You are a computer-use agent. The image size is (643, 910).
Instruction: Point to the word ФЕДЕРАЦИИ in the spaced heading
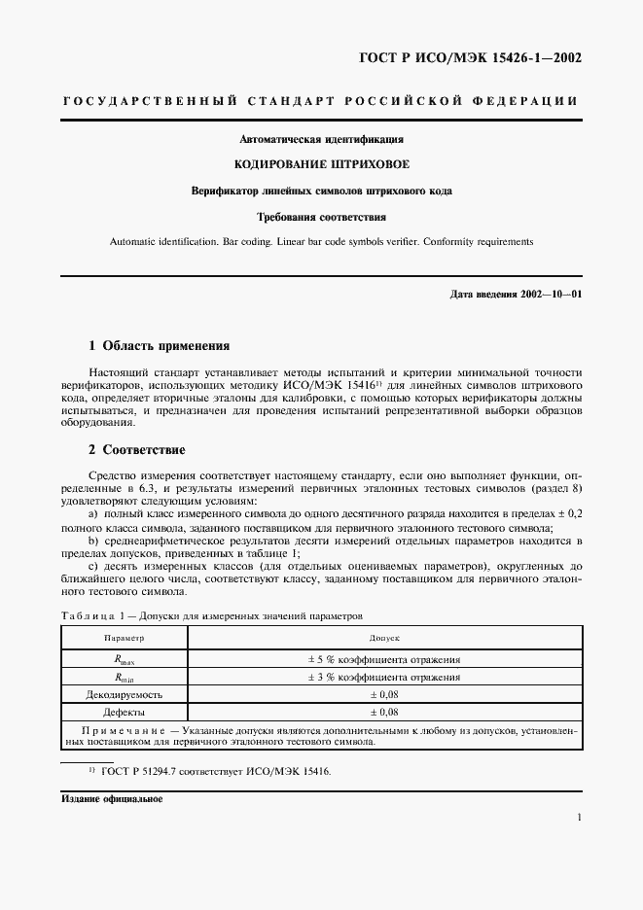tap(533, 101)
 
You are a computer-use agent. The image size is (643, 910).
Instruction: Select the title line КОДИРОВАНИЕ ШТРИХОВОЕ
tap(321, 164)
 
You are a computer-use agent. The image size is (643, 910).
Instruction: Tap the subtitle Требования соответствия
tap(321, 216)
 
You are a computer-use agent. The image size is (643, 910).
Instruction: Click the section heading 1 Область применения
tap(159, 345)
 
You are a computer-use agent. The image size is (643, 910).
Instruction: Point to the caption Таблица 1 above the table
tap(89, 615)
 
